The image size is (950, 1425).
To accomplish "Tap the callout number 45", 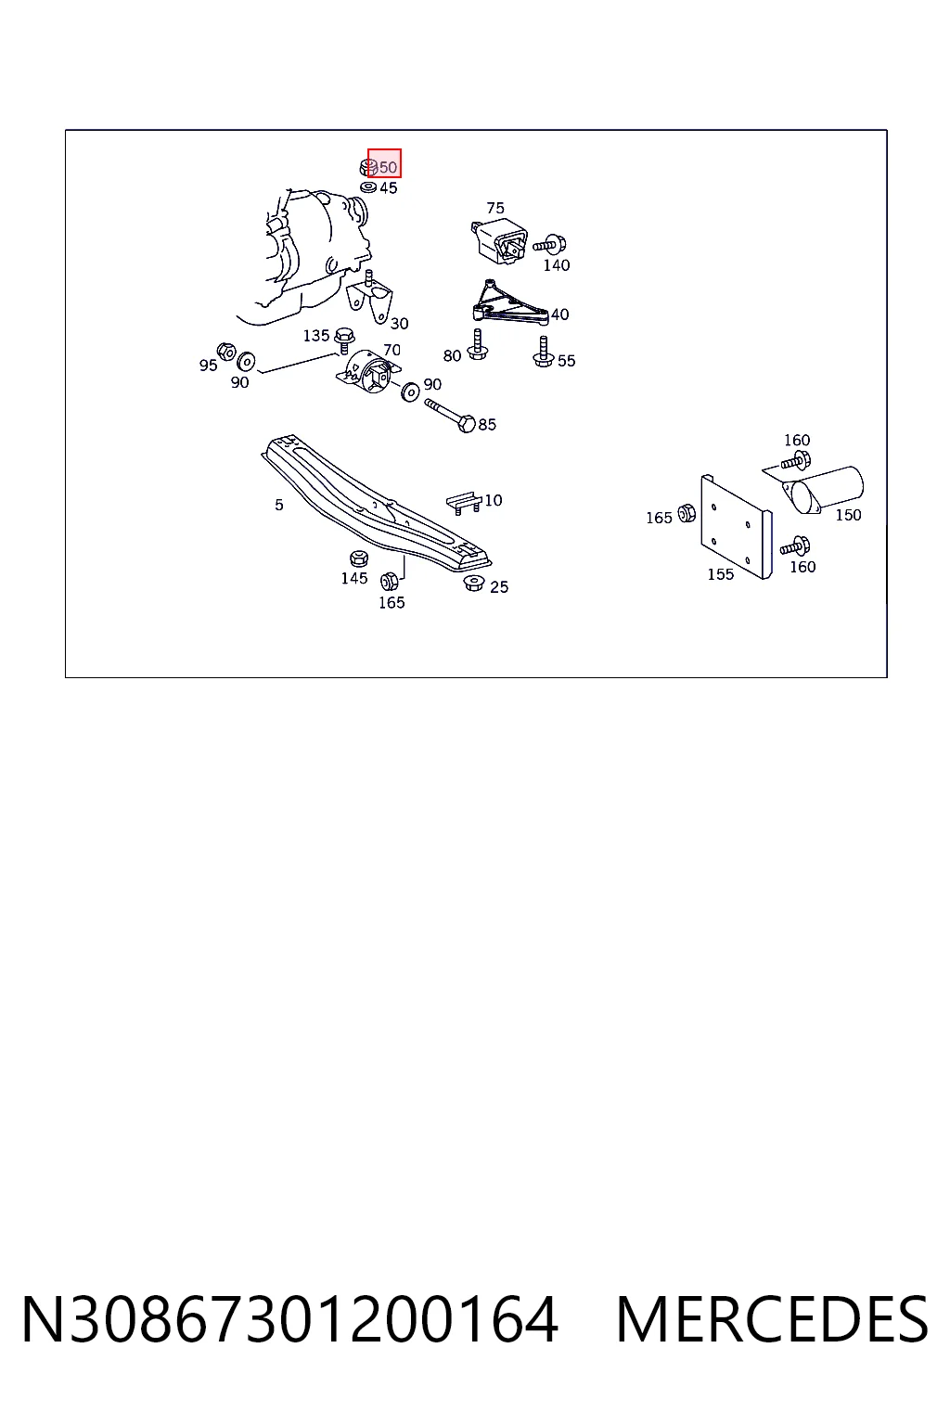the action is click(x=388, y=187).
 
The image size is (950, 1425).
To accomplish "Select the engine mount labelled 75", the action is click(x=499, y=240).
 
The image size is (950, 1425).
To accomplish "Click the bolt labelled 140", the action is click(x=549, y=244).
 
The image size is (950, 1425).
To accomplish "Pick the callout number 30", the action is click(x=399, y=323).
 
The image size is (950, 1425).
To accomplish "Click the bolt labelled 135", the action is click(x=343, y=340).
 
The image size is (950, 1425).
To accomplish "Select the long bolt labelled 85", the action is click(x=450, y=414).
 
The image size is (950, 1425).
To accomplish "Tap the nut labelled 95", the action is click(x=225, y=351).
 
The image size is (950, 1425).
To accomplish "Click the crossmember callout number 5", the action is click(x=278, y=505).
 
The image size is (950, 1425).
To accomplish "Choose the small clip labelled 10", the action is click(x=463, y=501).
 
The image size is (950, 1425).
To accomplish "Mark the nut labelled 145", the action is click(x=359, y=558).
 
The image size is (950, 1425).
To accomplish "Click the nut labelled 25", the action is click(x=473, y=582).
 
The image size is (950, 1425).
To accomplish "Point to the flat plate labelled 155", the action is click(x=737, y=527).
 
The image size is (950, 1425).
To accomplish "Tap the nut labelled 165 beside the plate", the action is click(x=687, y=513).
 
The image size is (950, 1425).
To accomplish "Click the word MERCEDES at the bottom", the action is click(x=772, y=1321).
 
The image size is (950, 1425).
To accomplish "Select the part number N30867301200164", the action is click(x=290, y=1321).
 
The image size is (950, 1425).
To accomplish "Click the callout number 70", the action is click(x=392, y=350).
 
